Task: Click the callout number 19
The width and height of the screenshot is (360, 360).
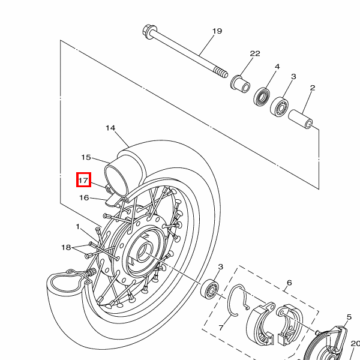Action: coord(217,31)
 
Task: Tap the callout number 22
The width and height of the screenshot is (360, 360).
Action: coord(255,53)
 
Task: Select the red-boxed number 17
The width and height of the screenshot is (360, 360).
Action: coord(83,180)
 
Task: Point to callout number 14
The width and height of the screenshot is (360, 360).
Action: coord(110,128)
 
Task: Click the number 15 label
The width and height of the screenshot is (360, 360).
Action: coord(86,157)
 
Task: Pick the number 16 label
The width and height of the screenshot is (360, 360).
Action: coord(84,197)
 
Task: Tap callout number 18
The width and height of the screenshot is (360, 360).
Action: coord(66,247)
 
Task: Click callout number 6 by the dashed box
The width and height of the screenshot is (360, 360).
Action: coord(289,283)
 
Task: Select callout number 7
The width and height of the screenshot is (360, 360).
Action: coord(221,328)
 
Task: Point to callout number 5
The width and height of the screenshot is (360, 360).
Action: coord(349,317)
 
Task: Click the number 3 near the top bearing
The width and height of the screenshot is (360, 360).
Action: coord(293,76)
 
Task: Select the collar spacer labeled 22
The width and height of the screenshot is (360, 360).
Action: coord(240,83)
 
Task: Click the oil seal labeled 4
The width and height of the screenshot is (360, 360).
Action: coord(262,97)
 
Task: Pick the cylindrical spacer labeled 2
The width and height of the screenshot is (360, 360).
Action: coord(301,119)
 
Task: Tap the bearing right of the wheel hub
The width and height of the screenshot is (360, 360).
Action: coord(209,289)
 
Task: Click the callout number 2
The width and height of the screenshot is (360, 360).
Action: coord(312,88)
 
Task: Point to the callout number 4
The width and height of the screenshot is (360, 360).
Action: coord(277,67)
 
